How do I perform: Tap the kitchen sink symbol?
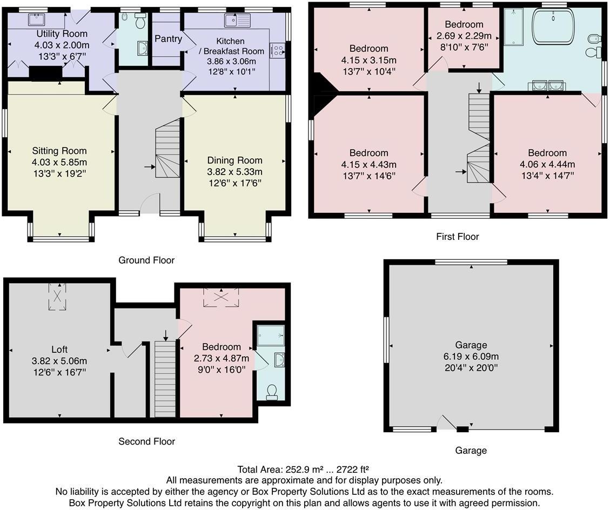tap(238, 21)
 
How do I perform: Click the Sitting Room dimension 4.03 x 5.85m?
tap(59, 162)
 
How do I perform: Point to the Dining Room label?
tap(234, 160)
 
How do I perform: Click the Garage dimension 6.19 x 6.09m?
tap(471, 357)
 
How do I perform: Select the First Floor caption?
tap(457, 237)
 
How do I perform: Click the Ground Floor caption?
tap(146, 260)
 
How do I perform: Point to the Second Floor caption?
tap(146, 441)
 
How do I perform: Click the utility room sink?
tap(37, 21)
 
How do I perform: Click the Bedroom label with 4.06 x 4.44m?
tap(547, 153)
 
